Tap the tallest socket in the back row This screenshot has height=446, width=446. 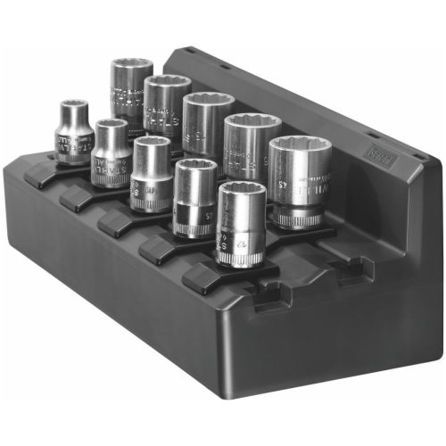pyautogui.click(x=132, y=94)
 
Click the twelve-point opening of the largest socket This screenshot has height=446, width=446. pyautogui.click(x=300, y=154)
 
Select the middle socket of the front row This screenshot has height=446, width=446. pyautogui.click(x=151, y=174)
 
